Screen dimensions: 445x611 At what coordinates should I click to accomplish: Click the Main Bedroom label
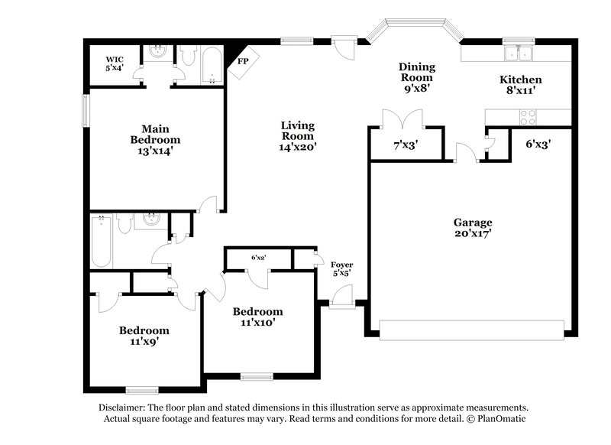[x=155, y=140]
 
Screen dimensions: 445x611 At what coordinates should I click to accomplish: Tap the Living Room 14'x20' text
[x=297, y=136]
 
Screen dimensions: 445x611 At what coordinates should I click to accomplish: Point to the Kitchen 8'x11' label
[x=521, y=85]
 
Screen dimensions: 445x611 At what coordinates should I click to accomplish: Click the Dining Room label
[x=416, y=77]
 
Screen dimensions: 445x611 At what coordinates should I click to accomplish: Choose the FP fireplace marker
[x=244, y=61]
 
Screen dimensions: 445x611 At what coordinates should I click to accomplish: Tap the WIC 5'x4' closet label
[x=115, y=63]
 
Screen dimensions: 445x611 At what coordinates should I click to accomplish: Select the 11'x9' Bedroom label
[x=144, y=336]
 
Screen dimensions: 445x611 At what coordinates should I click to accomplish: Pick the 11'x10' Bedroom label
[x=257, y=317]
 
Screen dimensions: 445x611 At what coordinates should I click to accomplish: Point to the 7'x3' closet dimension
[x=406, y=145]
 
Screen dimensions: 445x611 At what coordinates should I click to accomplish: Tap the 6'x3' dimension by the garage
[x=538, y=143]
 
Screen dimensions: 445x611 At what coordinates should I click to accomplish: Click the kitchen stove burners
[x=528, y=117]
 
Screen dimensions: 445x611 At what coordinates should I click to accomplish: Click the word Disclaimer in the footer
[x=124, y=408]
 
